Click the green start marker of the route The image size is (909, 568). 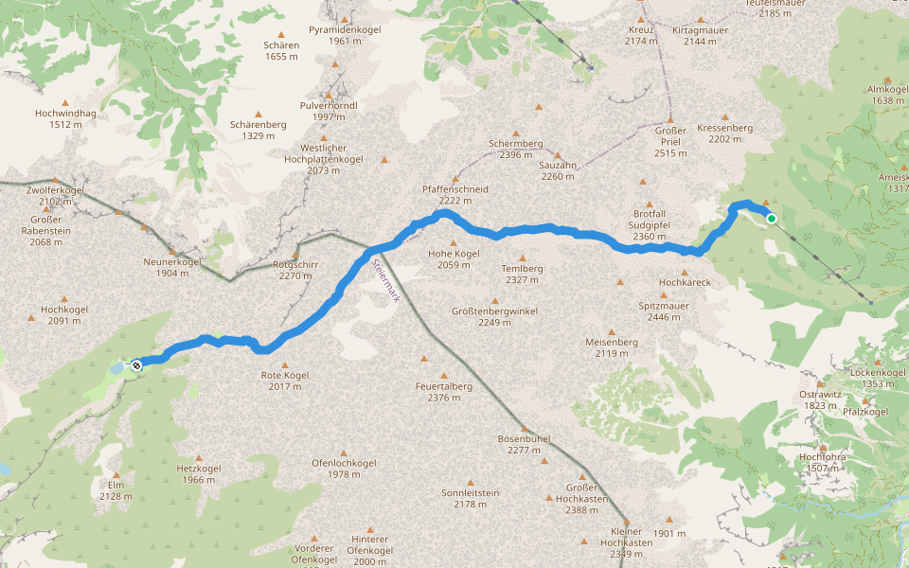click(x=772, y=219)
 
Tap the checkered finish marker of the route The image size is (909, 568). click(x=136, y=364)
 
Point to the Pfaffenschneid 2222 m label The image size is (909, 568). click(x=454, y=194)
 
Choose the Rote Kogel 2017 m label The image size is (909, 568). click(x=285, y=381)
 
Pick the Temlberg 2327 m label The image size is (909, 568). click(x=522, y=274)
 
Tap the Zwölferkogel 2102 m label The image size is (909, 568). click(x=56, y=195)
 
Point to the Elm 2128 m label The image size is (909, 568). click(x=116, y=489)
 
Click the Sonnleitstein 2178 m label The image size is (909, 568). click(x=470, y=498)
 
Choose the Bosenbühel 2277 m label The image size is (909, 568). click(x=524, y=444)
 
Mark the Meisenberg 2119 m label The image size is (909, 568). click(x=612, y=347)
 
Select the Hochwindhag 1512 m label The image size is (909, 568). click(x=65, y=118)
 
